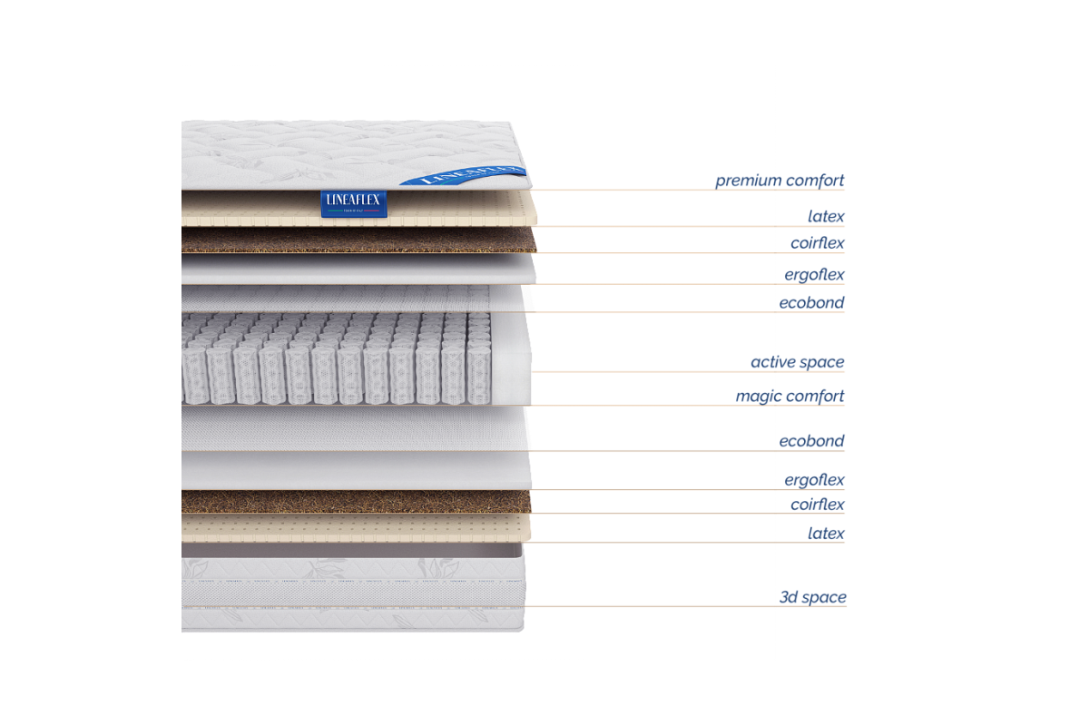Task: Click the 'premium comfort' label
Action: (x=780, y=180)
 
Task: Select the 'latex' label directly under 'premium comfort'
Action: (x=826, y=216)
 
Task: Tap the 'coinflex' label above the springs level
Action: (x=818, y=243)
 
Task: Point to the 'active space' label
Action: (x=797, y=362)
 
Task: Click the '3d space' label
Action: (x=812, y=597)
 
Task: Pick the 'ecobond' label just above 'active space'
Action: (x=811, y=302)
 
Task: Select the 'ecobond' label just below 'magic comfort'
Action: (x=811, y=442)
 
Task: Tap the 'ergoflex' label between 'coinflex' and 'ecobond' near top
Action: (x=815, y=274)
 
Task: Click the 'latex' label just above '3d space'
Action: (x=826, y=533)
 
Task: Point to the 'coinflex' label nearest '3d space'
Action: (x=818, y=505)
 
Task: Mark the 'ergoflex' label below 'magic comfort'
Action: (x=815, y=479)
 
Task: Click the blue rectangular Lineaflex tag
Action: (x=355, y=204)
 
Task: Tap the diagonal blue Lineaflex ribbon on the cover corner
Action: (x=463, y=174)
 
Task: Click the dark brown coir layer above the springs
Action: (x=354, y=240)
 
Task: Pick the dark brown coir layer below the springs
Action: (x=354, y=502)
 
